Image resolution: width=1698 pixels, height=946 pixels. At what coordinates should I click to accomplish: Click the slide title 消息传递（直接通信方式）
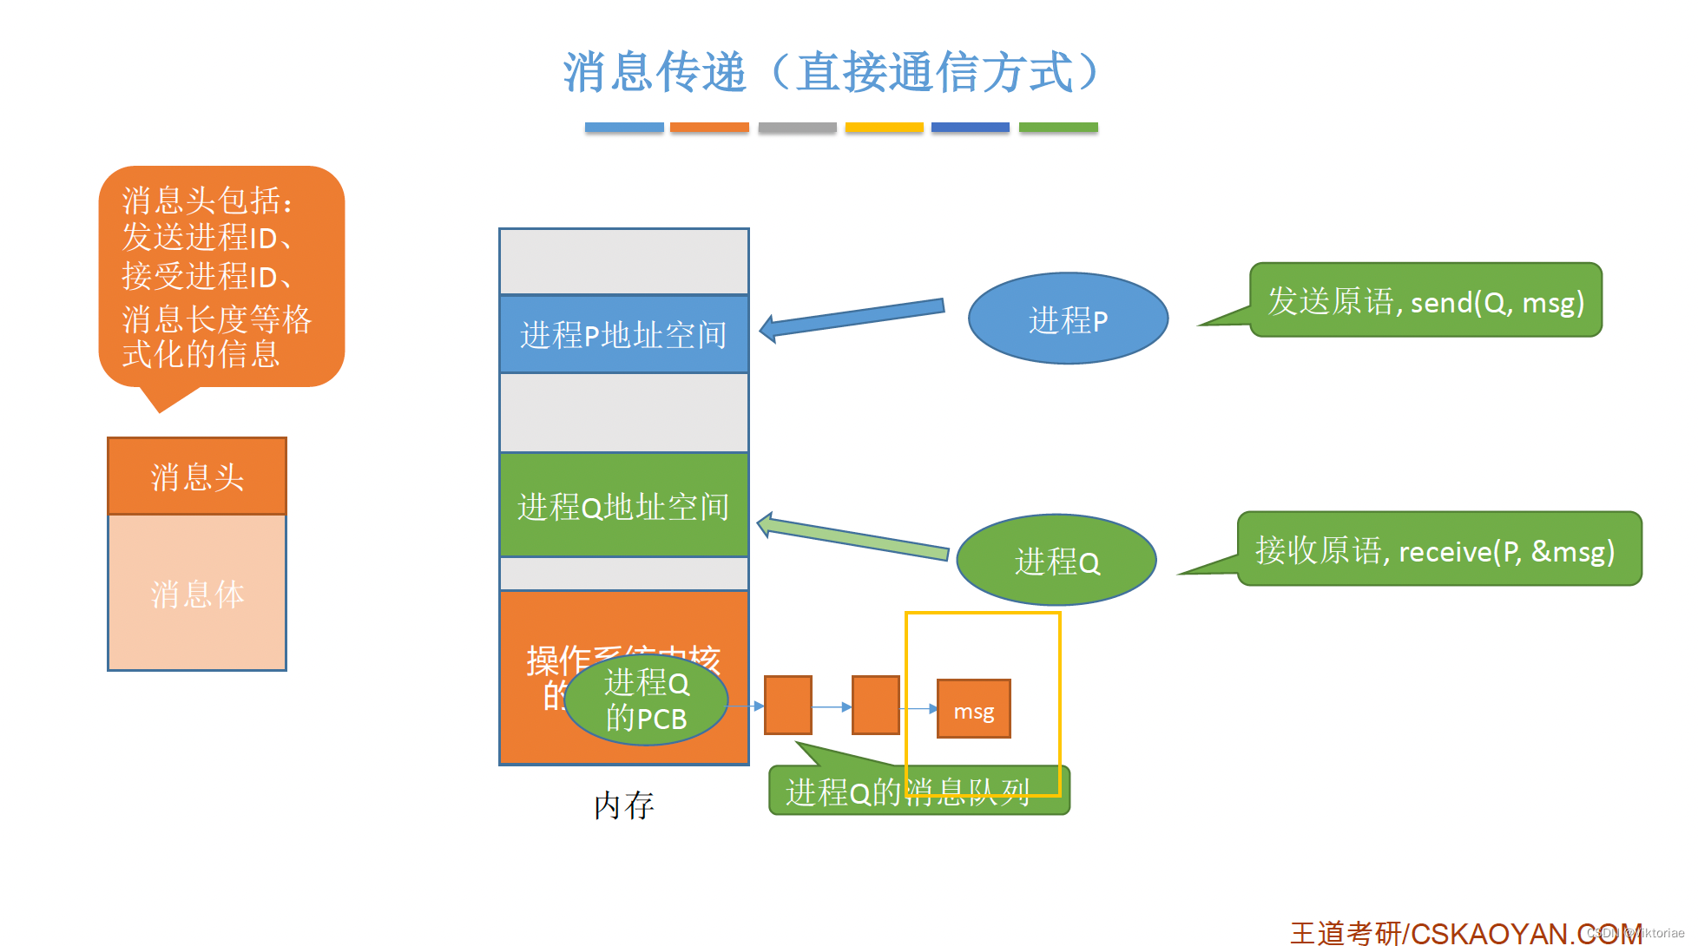(x=832, y=71)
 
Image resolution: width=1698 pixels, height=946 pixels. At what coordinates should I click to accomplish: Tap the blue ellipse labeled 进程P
(x=1067, y=319)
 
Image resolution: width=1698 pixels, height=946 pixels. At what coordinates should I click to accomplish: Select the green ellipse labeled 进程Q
(x=1056, y=561)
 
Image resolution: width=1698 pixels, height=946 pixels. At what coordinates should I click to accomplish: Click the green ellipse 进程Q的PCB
(x=646, y=700)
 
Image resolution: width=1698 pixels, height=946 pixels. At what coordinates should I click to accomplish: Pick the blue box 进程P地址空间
(x=623, y=335)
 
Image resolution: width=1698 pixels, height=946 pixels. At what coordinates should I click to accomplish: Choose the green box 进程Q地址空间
(x=623, y=506)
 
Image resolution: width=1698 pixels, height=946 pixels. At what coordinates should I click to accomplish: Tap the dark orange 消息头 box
(x=197, y=476)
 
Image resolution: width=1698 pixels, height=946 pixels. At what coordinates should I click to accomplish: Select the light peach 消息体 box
(x=197, y=594)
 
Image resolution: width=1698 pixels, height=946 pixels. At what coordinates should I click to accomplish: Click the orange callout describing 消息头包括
(x=221, y=276)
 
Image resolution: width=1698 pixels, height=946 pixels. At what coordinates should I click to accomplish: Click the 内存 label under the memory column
(x=623, y=805)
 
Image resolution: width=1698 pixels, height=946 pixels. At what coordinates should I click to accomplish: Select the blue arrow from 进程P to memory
(x=852, y=317)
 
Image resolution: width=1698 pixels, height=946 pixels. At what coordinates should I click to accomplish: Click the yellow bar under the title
(x=884, y=128)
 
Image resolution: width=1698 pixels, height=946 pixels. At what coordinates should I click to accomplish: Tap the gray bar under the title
(x=797, y=128)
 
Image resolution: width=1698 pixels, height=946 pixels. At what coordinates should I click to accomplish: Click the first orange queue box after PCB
(x=787, y=706)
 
